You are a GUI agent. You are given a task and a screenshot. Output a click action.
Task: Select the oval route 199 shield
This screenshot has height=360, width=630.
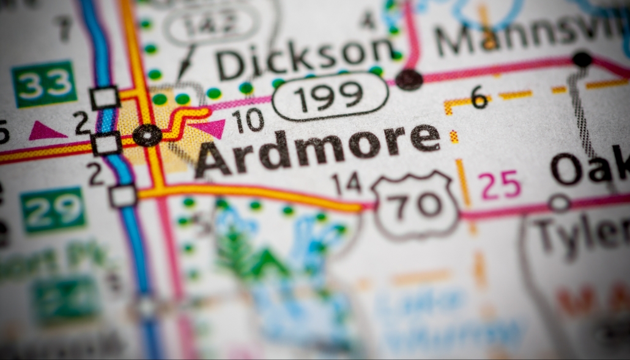pyautogui.click(x=330, y=96)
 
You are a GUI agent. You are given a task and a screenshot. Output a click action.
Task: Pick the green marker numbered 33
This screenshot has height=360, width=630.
pyautogui.click(x=44, y=84)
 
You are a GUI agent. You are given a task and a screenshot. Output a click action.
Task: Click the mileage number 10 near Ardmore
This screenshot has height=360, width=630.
pyautogui.click(x=248, y=120)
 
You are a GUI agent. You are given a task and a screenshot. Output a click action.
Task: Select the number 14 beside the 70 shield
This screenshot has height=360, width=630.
pyautogui.click(x=346, y=183)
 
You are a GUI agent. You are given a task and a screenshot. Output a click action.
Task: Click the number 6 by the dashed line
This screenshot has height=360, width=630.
pyautogui.click(x=479, y=97)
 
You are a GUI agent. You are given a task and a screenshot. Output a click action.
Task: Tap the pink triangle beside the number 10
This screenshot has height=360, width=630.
pyautogui.click(x=210, y=128)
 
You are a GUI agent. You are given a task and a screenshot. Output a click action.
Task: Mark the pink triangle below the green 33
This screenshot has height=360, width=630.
pyautogui.click(x=46, y=130)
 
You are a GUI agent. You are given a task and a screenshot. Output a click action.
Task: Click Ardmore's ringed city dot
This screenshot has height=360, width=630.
pyautogui.click(x=147, y=134)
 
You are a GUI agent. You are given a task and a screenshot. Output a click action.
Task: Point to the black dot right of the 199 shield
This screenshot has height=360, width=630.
pyautogui.click(x=409, y=79)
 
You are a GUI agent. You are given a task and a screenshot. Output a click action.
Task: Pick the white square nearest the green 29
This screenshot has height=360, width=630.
pyautogui.click(x=123, y=196)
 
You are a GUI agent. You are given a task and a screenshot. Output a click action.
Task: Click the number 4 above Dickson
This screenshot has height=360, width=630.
pyautogui.click(x=368, y=20)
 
